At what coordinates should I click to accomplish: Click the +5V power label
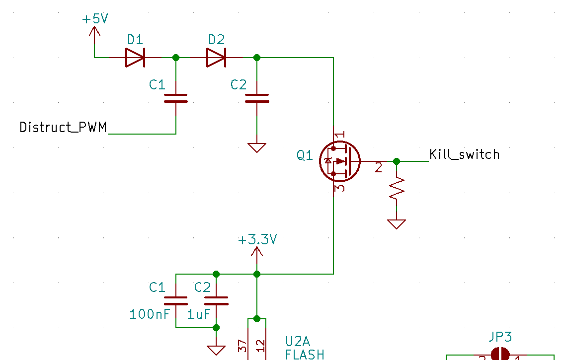coord(95,19)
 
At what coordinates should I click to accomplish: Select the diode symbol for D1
coord(135,58)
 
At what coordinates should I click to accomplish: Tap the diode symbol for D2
coord(216,58)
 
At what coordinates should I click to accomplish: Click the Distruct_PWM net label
coord(63,128)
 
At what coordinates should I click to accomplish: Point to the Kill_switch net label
coord(464,154)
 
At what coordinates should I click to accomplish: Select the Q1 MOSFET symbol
coord(339,161)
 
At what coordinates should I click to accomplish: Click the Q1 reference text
coord(305,156)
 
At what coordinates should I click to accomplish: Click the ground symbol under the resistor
coord(397,224)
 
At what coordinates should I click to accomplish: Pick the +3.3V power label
coord(257,240)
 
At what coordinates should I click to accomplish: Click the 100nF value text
coord(150,314)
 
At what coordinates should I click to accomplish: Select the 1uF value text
coord(199,314)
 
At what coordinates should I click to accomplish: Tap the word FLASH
coord(305,354)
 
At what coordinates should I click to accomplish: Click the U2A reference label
coord(298,341)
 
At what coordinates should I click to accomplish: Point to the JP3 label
coord(500,337)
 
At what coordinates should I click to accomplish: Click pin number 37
coord(242,346)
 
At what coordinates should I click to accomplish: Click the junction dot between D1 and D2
coord(176,58)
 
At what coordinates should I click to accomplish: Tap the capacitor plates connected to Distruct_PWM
coord(176,98)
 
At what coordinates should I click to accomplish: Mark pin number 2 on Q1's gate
coord(379,168)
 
